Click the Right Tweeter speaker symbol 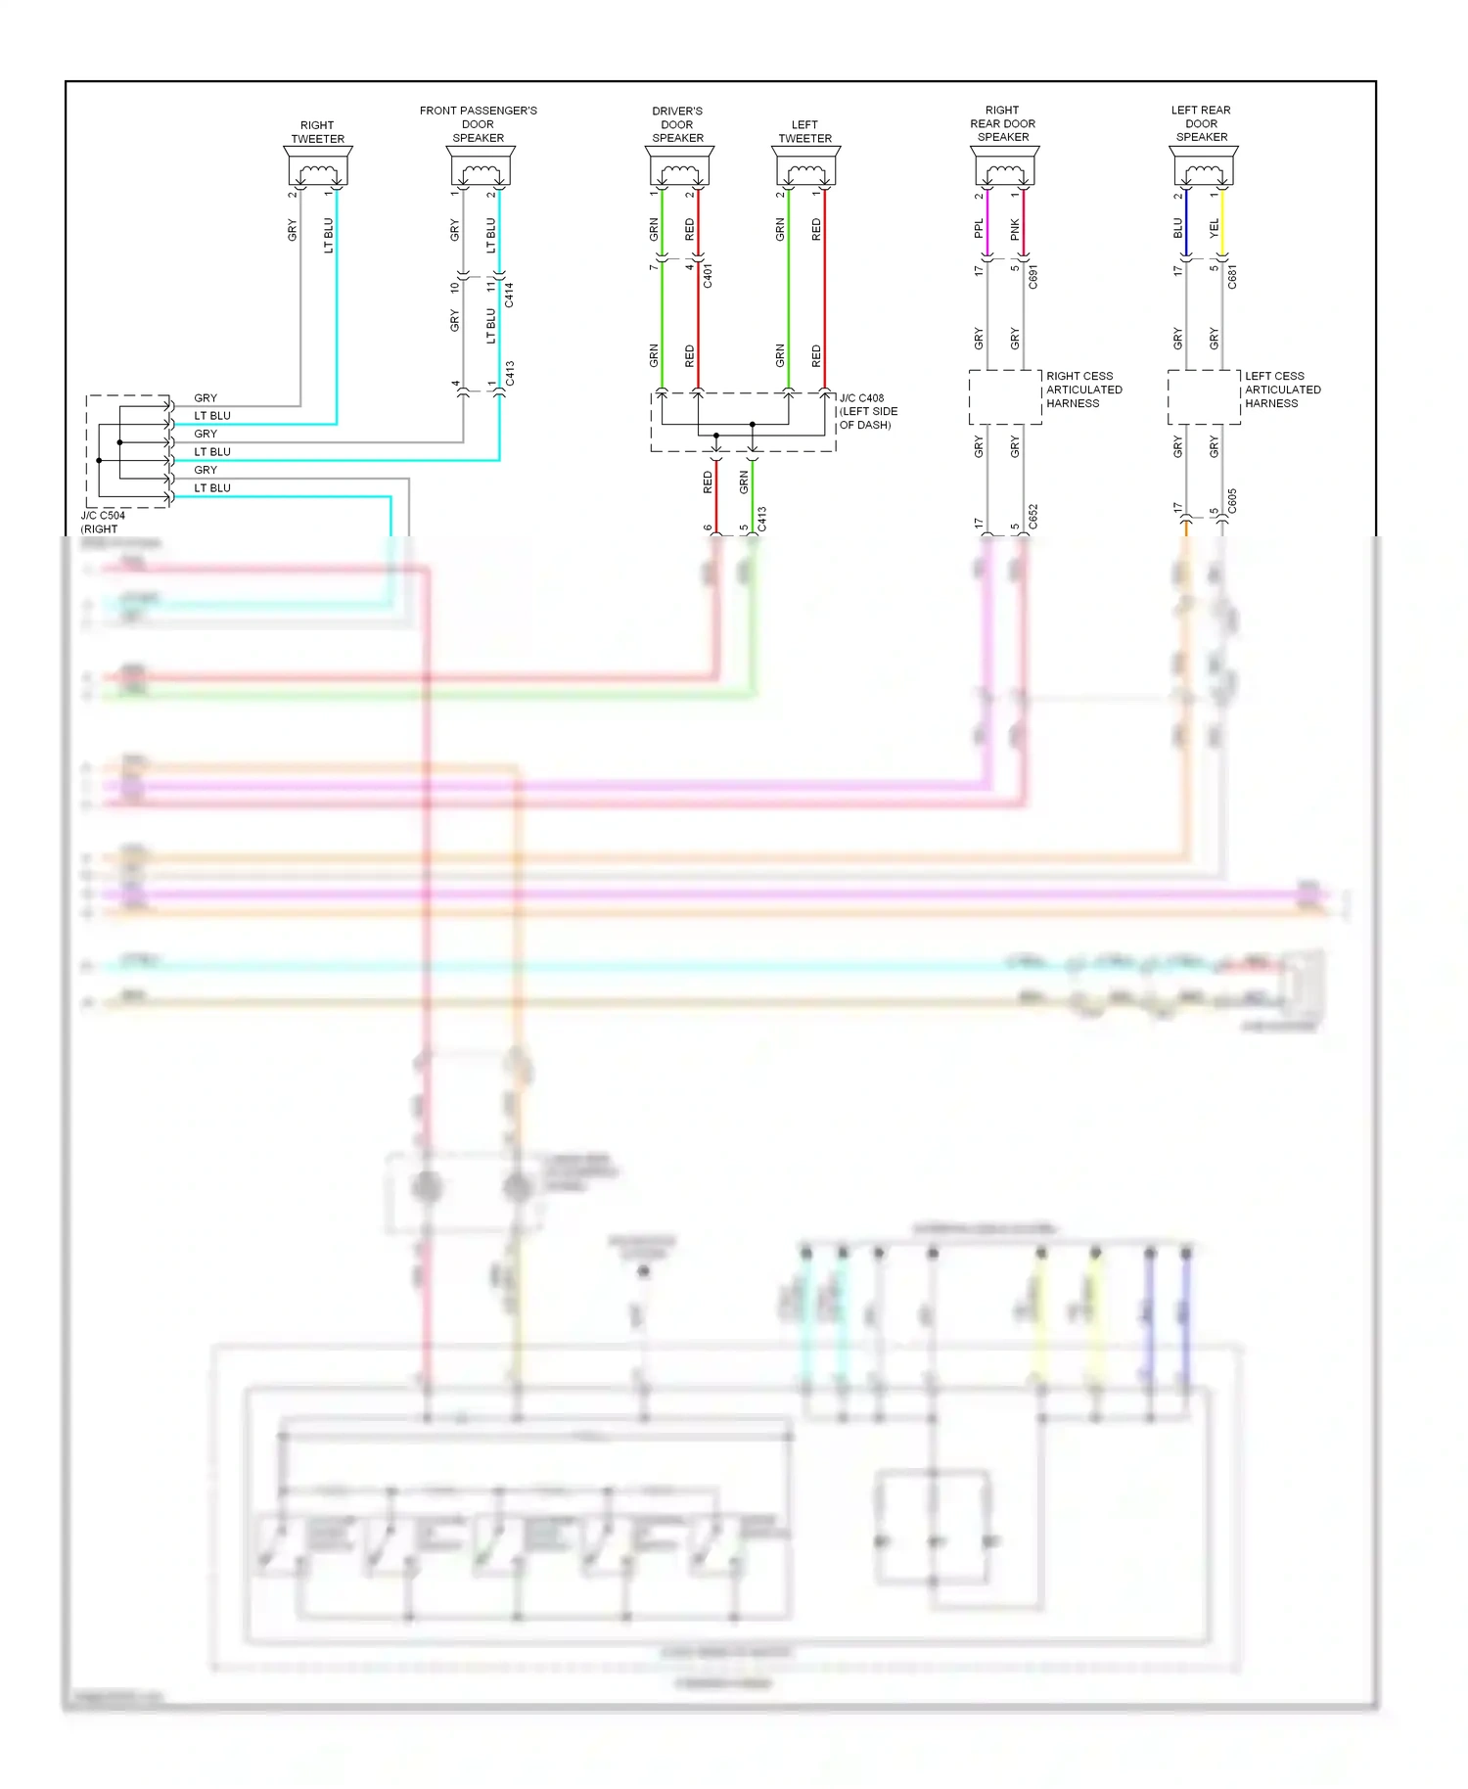pyautogui.click(x=318, y=166)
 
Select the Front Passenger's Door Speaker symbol pyautogui.click(x=480, y=166)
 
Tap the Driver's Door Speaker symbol pyautogui.click(x=679, y=166)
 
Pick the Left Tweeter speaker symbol pyautogui.click(x=806, y=166)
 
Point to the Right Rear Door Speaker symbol pyautogui.click(x=1005, y=166)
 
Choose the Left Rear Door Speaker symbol pyautogui.click(x=1204, y=166)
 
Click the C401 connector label pyautogui.click(x=708, y=276)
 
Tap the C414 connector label pyautogui.click(x=509, y=295)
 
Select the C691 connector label pyautogui.click(x=1032, y=277)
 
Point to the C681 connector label pyautogui.click(x=1232, y=277)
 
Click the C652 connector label pyautogui.click(x=1032, y=518)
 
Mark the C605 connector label pyautogui.click(x=1232, y=501)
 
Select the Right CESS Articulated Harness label pyautogui.click(x=1083, y=390)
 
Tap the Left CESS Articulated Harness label pyautogui.click(x=1282, y=390)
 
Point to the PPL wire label pyautogui.click(x=979, y=229)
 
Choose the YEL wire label pyautogui.click(x=1215, y=228)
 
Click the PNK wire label pyautogui.click(x=1015, y=230)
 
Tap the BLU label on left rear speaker pyautogui.click(x=1178, y=228)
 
